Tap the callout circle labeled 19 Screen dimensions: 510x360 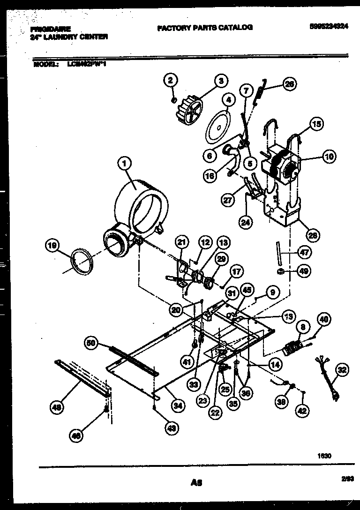[x=53, y=244]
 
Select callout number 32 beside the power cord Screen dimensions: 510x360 [x=343, y=370]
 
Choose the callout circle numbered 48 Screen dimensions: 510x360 [x=57, y=408]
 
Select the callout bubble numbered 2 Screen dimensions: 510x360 [x=171, y=80]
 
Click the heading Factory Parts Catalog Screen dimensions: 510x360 [x=205, y=28]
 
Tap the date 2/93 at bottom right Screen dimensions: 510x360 [x=347, y=479]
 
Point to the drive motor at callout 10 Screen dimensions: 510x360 [x=280, y=166]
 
